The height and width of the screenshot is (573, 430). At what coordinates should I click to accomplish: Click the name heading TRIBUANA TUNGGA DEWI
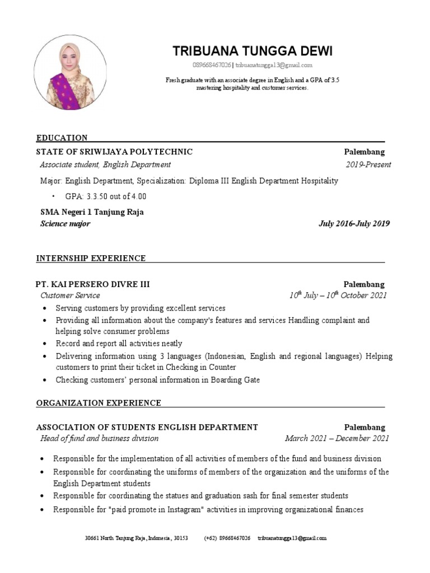coord(253,51)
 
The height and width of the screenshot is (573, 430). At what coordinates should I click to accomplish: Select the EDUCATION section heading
coord(62,138)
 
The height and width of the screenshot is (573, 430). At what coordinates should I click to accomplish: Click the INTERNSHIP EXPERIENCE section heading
coord(91,258)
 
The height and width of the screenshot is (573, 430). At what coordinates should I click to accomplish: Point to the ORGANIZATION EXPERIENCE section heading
coord(99,403)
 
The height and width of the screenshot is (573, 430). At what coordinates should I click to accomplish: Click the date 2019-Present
coord(368,165)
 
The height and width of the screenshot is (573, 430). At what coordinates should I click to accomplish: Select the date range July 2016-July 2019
coord(354,224)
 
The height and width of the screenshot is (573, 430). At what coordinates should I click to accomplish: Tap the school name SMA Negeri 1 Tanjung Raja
coord(92,212)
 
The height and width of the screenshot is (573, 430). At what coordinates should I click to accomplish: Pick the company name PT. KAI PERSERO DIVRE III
coord(93,284)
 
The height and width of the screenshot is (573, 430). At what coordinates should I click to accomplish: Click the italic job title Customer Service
coord(70,295)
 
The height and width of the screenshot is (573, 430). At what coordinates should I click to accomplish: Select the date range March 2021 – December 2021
coord(336,439)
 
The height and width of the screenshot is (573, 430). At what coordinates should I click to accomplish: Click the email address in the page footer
coord(292,538)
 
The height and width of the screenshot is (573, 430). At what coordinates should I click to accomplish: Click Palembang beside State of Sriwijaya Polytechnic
coord(364,152)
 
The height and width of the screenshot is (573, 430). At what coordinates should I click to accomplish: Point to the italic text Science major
coord(65,224)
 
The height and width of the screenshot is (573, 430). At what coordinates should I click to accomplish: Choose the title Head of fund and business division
coord(99,439)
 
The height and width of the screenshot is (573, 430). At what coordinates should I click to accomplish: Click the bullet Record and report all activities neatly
coord(119,344)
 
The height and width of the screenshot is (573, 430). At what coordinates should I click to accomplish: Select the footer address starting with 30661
coord(136,538)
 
